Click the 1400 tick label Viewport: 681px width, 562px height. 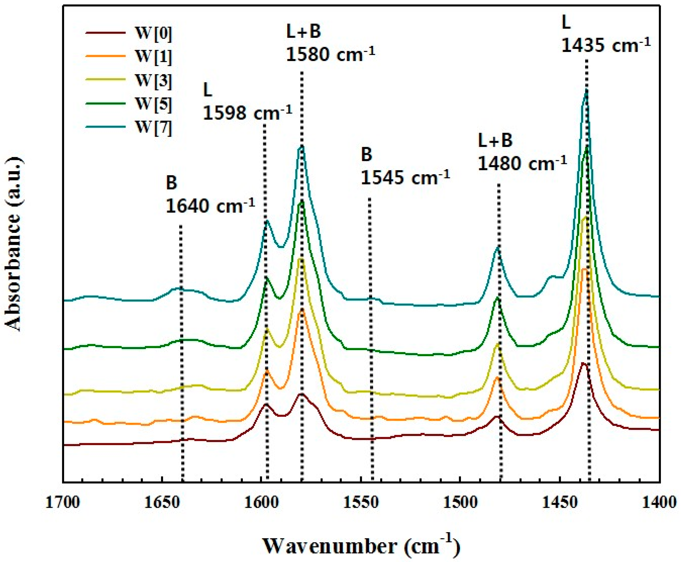(659, 503)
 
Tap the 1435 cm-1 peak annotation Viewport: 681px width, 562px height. (605, 44)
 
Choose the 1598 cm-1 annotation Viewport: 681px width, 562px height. (248, 112)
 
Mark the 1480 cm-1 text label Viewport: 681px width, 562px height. (522, 163)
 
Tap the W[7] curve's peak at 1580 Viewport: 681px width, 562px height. (302, 146)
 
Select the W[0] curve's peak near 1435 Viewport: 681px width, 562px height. (584, 363)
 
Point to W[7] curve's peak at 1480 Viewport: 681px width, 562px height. (498, 247)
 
